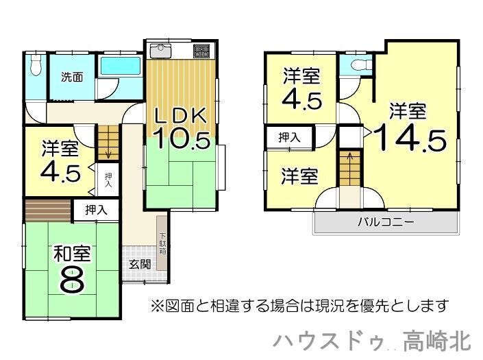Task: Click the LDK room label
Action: coord(180,116)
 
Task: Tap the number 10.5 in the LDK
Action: coord(182,139)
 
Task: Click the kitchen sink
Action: coord(160,51)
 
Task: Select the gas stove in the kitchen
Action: coord(201,51)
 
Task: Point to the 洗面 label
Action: coord(72,77)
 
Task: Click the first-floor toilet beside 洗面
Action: coord(36,64)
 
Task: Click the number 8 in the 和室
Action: coord(72,280)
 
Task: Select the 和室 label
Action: coord(72,254)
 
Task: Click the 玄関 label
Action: coord(140,264)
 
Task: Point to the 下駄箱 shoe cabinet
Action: coord(162,243)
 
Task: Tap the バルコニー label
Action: coord(385,222)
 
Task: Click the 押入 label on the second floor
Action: coord(289,137)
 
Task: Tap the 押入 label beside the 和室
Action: coord(96,210)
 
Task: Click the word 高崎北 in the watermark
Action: coord(437,341)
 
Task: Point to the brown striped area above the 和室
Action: coord(48,211)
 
